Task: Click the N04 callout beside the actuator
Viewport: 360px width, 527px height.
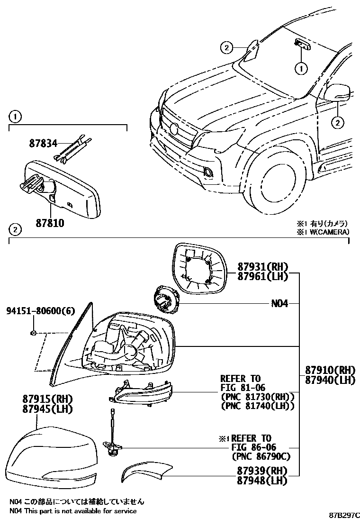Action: (279, 303)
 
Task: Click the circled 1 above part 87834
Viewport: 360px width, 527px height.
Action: (15, 116)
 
